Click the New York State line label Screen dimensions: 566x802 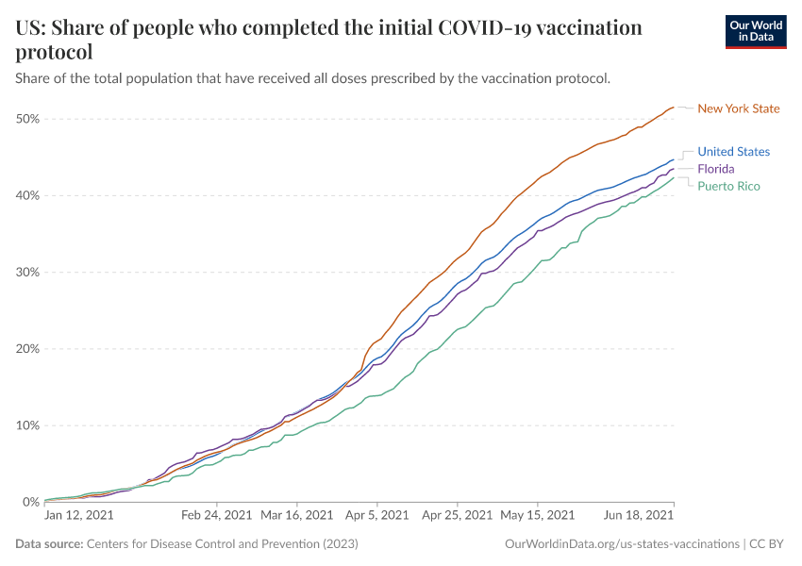pos(738,108)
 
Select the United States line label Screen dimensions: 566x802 pos(733,152)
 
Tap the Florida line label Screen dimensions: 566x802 pos(717,169)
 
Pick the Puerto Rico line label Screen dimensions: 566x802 pos(728,186)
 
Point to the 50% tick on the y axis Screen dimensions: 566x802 pos(26,119)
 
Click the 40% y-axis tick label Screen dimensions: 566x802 pos(26,195)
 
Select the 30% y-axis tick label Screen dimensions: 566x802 pos(26,273)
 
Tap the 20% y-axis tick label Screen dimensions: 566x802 pos(26,349)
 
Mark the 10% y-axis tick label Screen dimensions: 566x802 pos(26,425)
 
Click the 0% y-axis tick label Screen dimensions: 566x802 pos(30,502)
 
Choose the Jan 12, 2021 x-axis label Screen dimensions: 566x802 pos(79,516)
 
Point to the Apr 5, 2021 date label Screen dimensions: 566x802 pos(376,516)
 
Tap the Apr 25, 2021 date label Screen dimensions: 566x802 pos(457,516)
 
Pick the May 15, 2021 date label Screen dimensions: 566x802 pos(537,516)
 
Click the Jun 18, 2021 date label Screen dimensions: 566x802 pos(639,516)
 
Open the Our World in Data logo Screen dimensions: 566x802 pos(755,31)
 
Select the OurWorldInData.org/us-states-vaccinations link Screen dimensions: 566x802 pos(622,544)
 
